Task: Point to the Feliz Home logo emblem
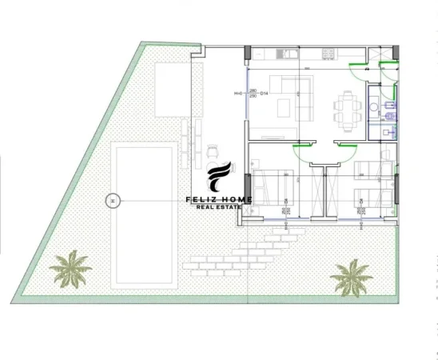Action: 219,179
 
